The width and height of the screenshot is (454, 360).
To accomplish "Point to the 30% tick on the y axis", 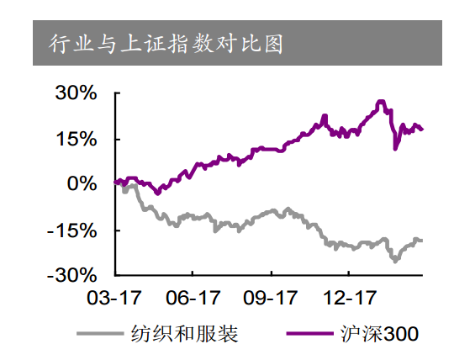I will pos(77,93).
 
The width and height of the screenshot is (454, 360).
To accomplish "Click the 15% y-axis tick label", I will pos(77,139).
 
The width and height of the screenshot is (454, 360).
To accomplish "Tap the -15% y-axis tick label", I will pos(74,230).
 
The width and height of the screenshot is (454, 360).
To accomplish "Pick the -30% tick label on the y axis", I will pos(74,275).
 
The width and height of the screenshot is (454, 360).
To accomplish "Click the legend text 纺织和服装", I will pos(185,334).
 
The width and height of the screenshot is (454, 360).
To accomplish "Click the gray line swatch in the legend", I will pos(102,334).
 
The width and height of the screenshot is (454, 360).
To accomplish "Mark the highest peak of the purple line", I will pos(381,101).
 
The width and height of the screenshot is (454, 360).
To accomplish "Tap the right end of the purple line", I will pos(422,130).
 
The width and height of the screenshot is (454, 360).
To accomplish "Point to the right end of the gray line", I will pos(422,241).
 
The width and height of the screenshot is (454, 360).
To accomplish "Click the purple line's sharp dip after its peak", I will pos(396,149).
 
